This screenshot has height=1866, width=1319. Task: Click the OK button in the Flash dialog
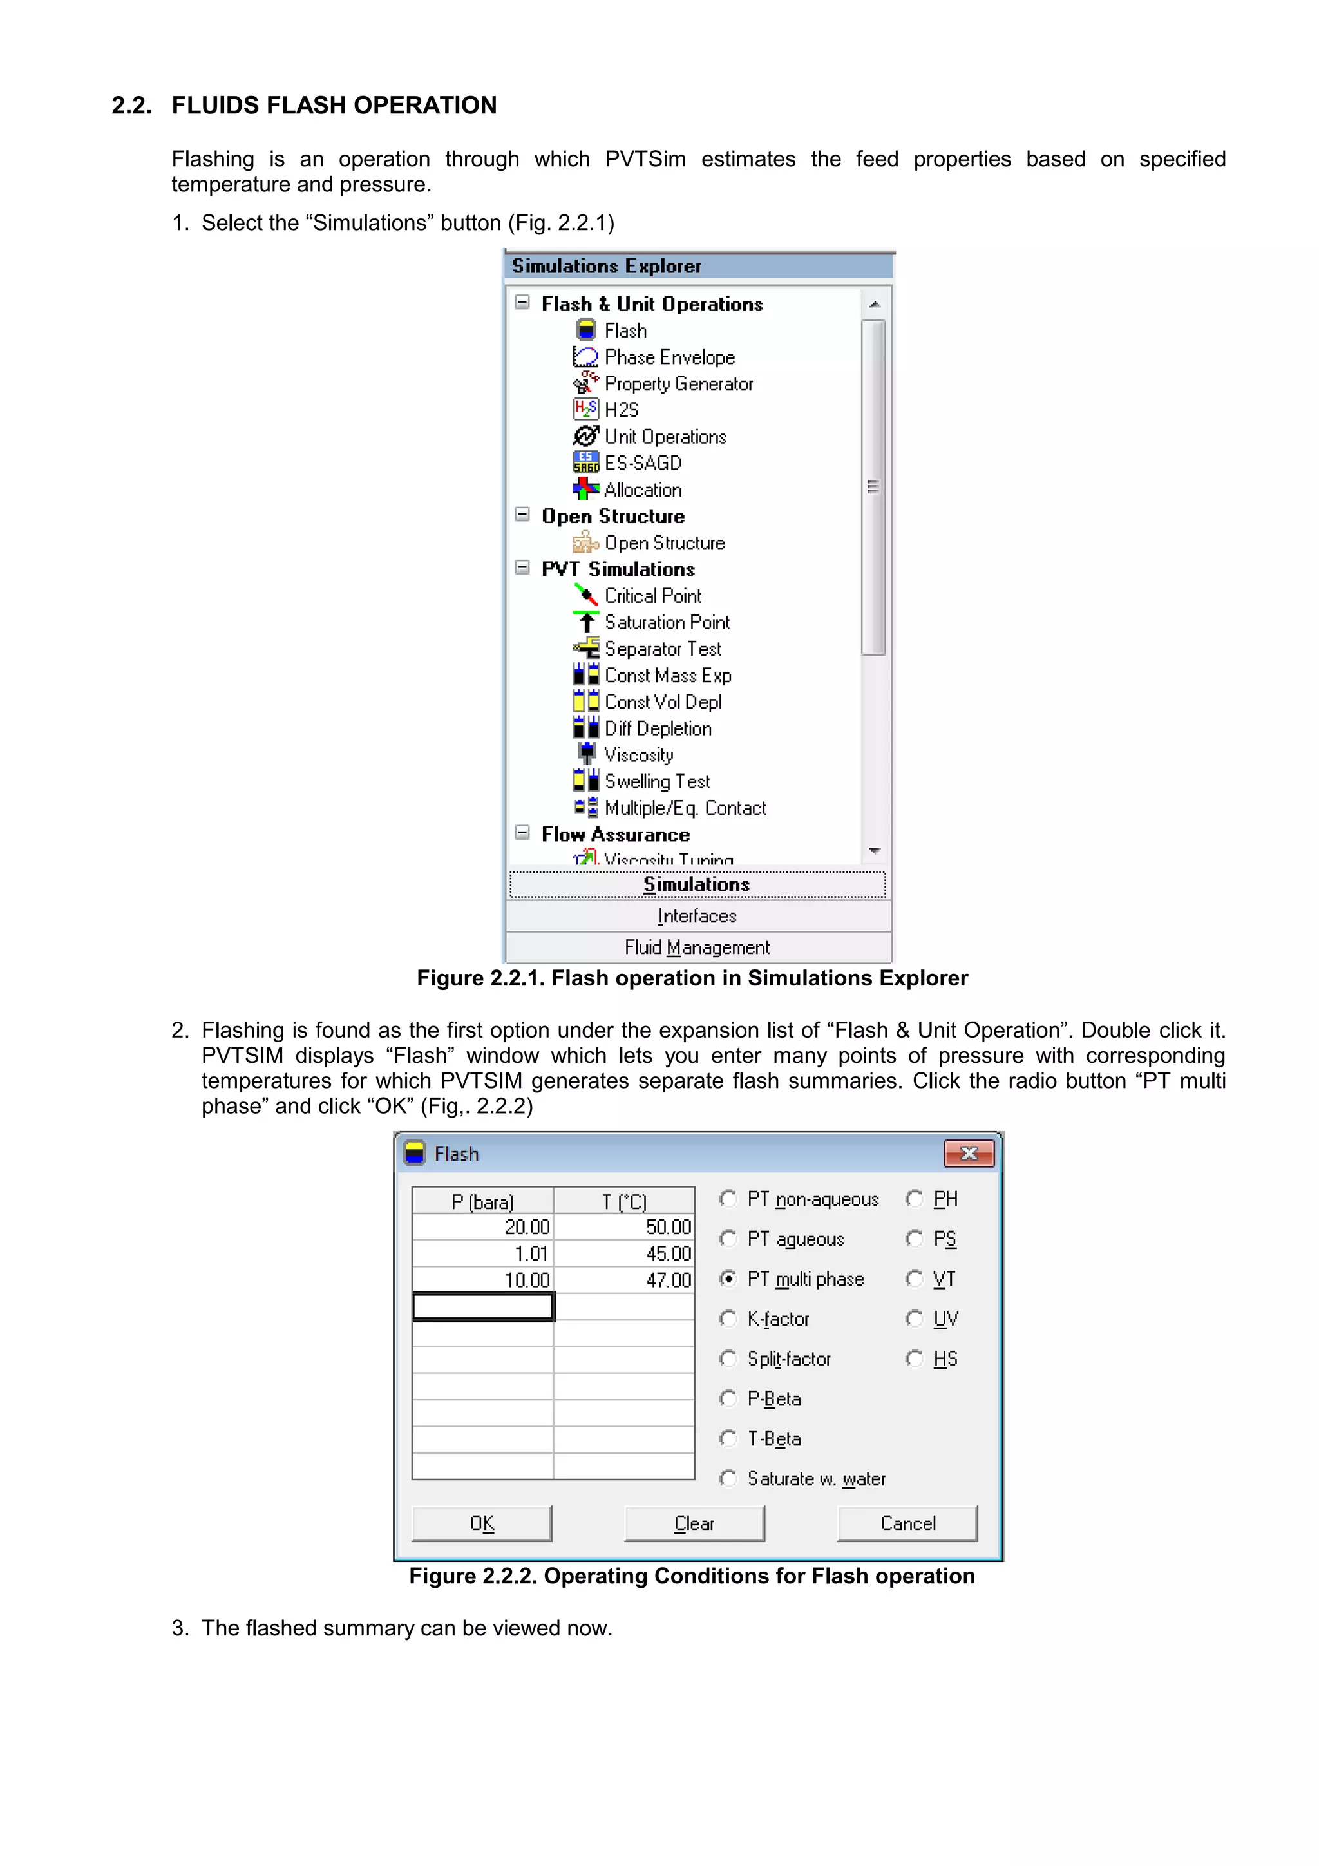(481, 1523)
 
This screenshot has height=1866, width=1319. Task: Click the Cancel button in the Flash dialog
(907, 1523)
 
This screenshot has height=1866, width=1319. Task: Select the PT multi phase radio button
(728, 1279)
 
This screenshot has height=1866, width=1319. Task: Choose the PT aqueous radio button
(728, 1239)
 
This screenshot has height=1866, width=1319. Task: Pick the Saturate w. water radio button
(728, 1478)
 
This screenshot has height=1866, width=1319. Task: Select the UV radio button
(915, 1319)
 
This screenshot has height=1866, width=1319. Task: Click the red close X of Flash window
(968, 1153)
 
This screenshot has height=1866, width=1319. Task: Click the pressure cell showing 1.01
(483, 1253)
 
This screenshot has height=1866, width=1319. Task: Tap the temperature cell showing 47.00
(624, 1280)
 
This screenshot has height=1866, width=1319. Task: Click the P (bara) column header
(483, 1201)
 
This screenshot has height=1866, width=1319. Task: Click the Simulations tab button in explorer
(696, 884)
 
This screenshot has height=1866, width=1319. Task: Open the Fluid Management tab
(696, 947)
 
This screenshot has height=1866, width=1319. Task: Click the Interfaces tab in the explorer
(696, 916)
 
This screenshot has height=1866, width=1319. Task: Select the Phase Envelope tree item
(669, 357)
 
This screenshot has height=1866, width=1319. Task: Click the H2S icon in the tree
(585, 410)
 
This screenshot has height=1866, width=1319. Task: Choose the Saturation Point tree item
(667, 623)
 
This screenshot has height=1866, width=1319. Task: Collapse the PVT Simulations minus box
(522, 568)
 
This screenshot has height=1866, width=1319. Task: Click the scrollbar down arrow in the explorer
(875, 851)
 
